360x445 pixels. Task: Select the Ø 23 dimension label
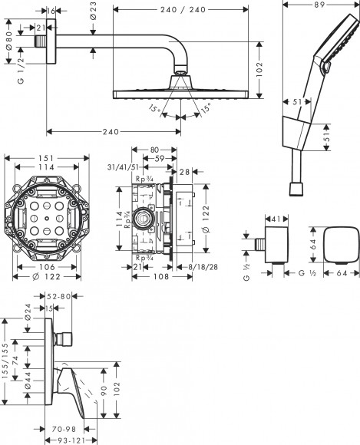(x=93, y=12)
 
